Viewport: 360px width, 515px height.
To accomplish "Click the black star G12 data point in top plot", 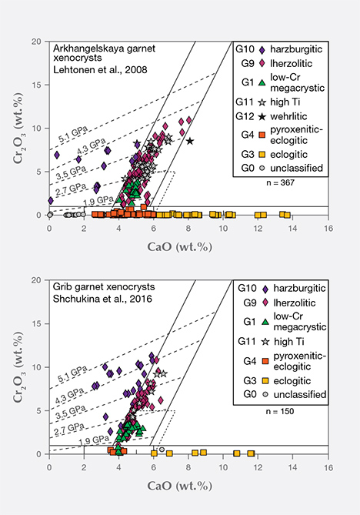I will [189, 141].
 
